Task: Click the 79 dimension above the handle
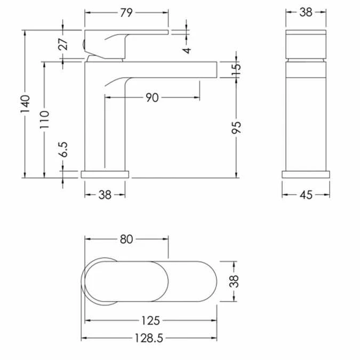[x=126, y=13]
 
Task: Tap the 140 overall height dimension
[x=25, y=104]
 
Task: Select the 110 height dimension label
[x=44, y=119]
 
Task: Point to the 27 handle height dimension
[x=63, y=44]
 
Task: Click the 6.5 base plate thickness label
[x=63, y=149]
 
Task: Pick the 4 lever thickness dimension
[x=187, y=50]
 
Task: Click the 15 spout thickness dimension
[x=236, y=69]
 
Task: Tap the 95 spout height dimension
[x=236, y=127]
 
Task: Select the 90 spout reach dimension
[x=152, y=98]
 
